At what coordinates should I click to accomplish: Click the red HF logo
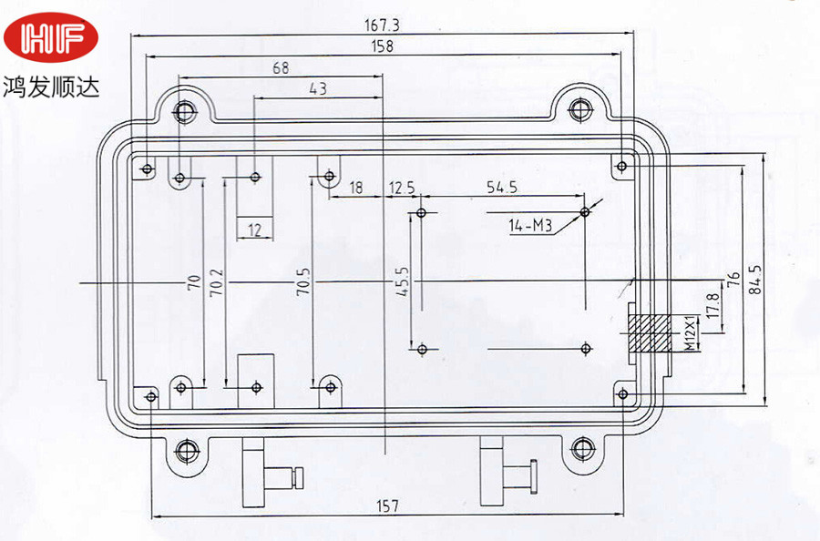click(x=51, y=37)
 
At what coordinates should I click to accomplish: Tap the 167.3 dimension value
click(x=382, y=26)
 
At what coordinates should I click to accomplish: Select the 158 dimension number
click(x=383, y=46)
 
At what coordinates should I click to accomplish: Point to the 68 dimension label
click(x=281, y=68)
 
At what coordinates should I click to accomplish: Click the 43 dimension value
click(x=318, y=88)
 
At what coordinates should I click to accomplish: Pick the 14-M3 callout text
click(x=530, y=226)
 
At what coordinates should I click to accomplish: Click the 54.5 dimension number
click(x=502, y=187)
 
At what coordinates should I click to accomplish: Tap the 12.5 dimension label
click(x=402, y=187)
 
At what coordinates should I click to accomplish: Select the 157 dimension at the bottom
click(x=387, y=506)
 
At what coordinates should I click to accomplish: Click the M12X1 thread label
click(x=691, y=333)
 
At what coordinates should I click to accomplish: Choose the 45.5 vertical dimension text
click(x=402, y=282)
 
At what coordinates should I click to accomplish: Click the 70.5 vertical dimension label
click(x=303, y=282)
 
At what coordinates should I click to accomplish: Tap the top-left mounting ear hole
click(x=184, y=111)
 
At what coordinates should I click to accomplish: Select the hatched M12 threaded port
click(x=650, y=333)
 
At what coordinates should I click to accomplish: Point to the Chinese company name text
click(x=51, y=87)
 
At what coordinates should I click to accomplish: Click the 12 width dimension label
click(x=254, y=230)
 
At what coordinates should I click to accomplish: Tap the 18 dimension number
click(x=355, y=187)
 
